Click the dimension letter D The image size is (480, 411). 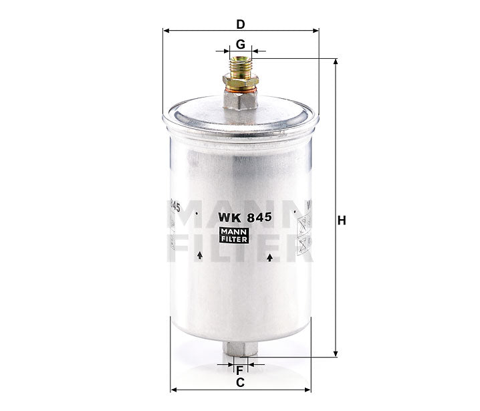240,24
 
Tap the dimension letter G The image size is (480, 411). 240,45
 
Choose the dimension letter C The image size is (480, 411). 240,383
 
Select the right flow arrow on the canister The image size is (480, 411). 269,257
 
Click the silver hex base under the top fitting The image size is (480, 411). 240,100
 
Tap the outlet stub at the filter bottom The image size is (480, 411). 239,350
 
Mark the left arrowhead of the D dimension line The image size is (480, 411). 166,31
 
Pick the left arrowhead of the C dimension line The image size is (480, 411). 174,389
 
